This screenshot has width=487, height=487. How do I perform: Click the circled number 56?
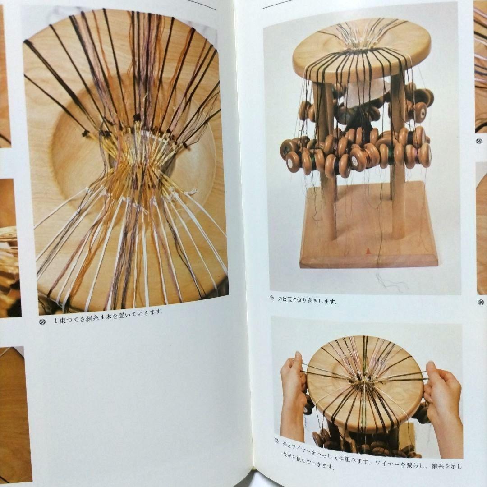click(42, 322)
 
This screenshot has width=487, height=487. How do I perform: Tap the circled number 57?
click(271, 299)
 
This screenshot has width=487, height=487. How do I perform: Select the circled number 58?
click(277, 440)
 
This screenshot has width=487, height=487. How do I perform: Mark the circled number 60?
click(481, 302)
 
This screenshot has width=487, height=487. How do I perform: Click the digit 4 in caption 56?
click(102, 317)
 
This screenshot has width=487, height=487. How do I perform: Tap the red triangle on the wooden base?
click(368, 249)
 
